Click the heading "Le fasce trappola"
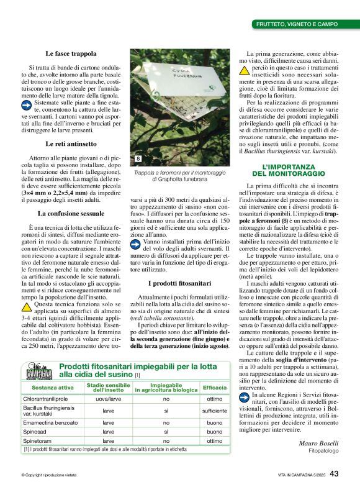pos(71,54)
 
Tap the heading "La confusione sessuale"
pos(71,213)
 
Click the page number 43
pos(334,473)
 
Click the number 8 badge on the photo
pos(138,159)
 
